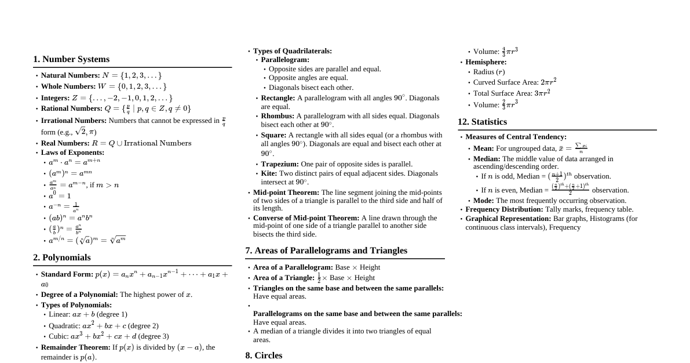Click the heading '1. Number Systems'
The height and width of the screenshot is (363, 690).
pos(71,59)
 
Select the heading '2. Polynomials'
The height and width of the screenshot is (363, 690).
pos(62,257)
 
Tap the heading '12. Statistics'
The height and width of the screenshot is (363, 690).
pos(482,122)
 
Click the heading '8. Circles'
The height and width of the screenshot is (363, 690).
pos(264,355)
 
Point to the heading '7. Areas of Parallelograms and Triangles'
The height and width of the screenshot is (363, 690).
pos(326,251)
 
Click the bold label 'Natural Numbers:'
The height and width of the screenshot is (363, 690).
pos(70,75)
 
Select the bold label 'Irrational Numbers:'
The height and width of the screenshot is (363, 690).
pos(74,121)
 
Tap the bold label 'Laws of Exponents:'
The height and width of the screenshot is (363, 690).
pos(72,153)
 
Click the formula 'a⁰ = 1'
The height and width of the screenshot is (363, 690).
pos(60,195)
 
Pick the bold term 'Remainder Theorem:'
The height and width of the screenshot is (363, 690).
pos(75,347)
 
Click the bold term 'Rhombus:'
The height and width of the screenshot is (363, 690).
pos(278,116)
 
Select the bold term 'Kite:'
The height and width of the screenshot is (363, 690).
pos(269,173)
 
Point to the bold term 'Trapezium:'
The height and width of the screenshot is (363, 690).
pos(280,164)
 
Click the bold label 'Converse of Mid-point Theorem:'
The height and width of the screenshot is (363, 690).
pos(306,218)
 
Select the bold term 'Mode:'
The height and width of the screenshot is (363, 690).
pos(483,201)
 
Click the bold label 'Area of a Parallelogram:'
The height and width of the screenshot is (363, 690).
pos(293,267)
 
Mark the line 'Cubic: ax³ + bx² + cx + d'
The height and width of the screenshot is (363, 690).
pos(108,336)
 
